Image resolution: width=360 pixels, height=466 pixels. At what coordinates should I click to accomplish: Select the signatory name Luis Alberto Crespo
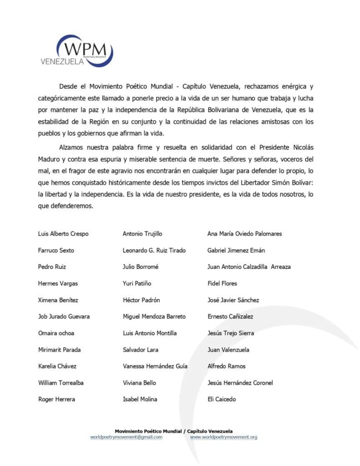[63, 234]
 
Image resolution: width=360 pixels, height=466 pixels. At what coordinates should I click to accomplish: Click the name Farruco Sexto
[56, 250]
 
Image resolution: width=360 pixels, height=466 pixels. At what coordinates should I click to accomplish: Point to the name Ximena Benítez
[58, 300]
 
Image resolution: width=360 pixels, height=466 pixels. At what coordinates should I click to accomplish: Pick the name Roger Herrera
[56, 399]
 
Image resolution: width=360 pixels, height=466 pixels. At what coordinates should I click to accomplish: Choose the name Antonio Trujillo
[142, 234]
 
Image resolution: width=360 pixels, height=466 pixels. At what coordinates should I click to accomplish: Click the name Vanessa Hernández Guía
[155, 366]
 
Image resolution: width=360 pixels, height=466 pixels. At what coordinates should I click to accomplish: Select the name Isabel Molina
[140, 399]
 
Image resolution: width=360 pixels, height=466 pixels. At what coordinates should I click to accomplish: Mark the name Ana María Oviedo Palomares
[244, 234]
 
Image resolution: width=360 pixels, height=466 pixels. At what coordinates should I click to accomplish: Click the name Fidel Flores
[222, 284]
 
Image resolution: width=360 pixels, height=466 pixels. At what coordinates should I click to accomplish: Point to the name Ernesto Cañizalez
[230, 316]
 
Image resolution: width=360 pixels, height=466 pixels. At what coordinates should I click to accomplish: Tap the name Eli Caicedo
[222, 399]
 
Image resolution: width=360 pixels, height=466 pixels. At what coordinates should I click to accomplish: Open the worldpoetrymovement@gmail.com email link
[126, 437]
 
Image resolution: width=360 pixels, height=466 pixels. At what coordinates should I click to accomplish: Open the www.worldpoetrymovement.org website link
[223, 437]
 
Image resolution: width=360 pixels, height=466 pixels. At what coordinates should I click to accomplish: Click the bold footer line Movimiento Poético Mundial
[173, 431]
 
